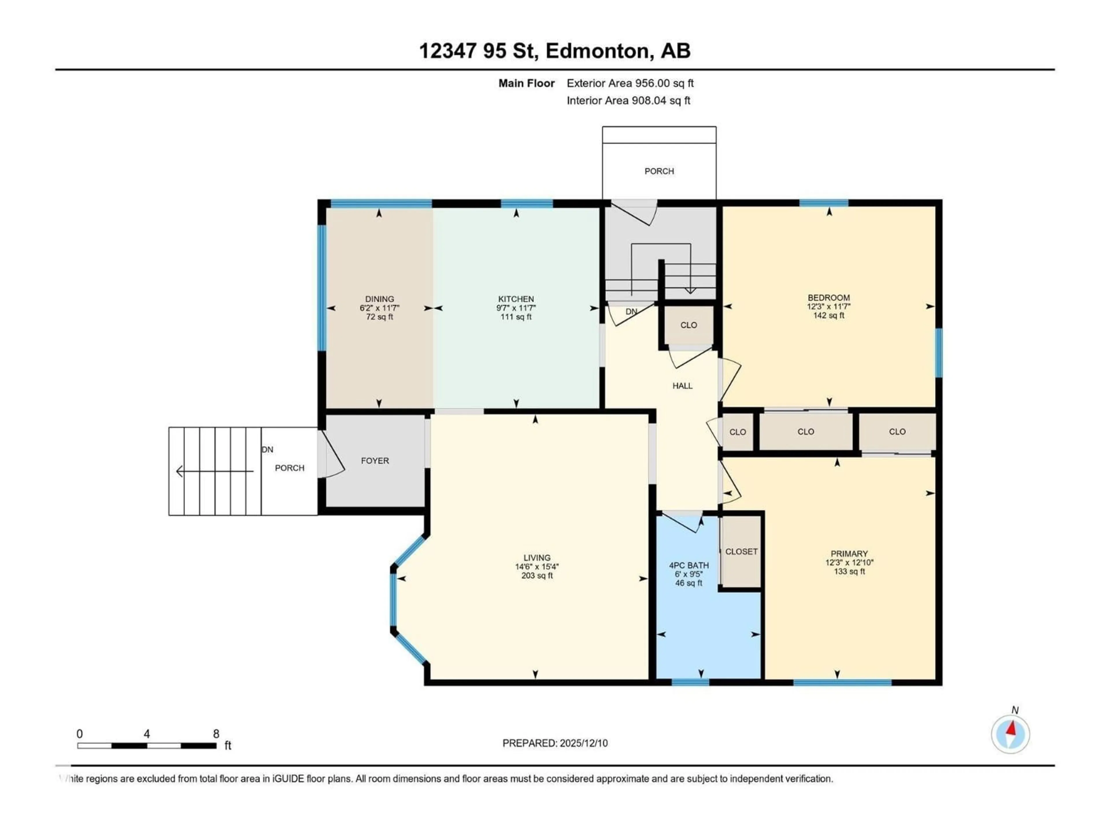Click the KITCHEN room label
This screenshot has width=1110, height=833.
point(516,299)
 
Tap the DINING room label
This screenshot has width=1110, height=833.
point(379,299)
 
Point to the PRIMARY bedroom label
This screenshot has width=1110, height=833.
point(849,553)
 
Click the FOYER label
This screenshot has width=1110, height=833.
point(375,460)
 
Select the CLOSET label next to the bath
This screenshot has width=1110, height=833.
point(741,551)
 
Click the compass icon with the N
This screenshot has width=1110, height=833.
point(1010,734)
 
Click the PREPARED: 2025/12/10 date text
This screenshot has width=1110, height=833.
point(555,743)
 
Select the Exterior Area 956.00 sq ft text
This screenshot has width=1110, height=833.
point(630,83)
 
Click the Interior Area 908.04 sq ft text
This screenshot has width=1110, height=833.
point(628,100)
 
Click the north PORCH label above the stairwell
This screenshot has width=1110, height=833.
point(659,171)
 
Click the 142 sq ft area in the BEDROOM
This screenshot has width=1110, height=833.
point(828,315)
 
